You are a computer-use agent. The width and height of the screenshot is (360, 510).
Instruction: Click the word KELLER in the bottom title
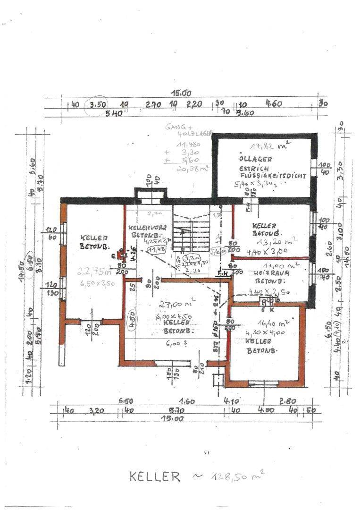click(155, 476)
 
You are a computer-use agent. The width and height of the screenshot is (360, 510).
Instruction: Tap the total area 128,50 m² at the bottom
click(234, 476)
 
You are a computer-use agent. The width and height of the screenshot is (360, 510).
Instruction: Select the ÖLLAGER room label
click(255, 159)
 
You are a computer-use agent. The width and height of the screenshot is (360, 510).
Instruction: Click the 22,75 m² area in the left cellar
click(95, 271)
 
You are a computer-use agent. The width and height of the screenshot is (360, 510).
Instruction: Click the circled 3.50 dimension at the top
click(98, 105)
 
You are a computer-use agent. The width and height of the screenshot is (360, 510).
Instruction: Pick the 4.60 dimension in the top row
click(274, 103)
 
